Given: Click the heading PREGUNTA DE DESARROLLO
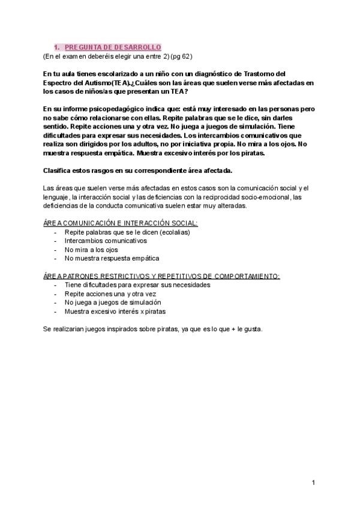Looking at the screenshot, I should point(112,47).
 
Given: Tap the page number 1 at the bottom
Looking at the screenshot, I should point(313,483).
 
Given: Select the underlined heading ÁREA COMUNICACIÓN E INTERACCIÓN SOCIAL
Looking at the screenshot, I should point(112,223).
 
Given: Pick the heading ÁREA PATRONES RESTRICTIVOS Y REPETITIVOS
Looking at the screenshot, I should point(161,276).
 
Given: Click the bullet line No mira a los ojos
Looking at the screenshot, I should point(92,250).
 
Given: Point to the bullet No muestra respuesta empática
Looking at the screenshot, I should point(112,259).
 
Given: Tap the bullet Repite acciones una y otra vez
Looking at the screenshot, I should point(109,294).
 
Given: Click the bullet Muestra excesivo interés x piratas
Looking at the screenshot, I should point(115,312).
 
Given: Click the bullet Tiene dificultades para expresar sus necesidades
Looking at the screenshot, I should point(137,285).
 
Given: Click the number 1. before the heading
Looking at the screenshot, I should point(56,47).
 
